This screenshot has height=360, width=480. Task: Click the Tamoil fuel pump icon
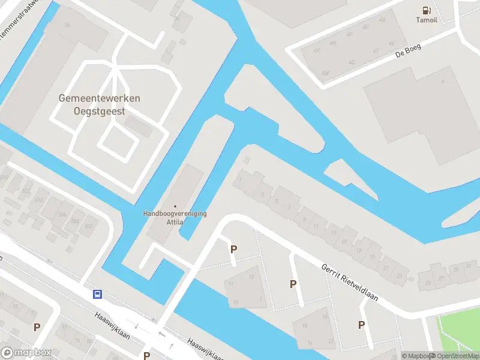click(426, 10)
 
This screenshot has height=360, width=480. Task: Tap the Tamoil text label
click(426, 20)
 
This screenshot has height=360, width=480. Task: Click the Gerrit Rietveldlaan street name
click(349, 282)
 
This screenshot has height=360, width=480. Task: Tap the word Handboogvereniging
click(175, 213)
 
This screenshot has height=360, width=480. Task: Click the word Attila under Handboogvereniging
click(175, 222)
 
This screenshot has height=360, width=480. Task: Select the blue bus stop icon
click(97, 294)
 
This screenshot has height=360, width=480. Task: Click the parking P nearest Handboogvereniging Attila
click(233, 249)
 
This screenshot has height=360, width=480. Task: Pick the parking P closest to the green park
click(361, 325)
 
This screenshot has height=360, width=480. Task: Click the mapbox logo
click(26, 353)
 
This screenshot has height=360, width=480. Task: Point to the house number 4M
click(325, 73)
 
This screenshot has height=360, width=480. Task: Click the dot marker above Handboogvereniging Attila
click(175, 206)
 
